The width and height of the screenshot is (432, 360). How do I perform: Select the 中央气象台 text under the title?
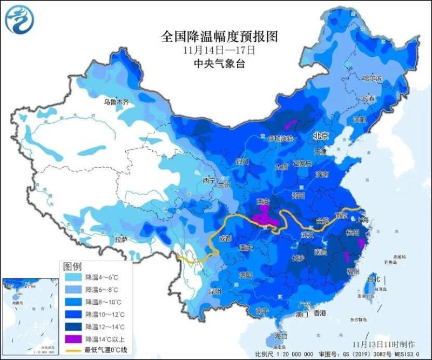coord(219,64)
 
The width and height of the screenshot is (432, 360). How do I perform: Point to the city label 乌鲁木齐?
coord(116,102)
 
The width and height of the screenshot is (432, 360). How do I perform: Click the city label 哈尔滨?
coord(372,79)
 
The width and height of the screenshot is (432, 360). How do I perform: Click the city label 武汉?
coord(307,235)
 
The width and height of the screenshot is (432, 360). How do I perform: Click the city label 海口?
coord(281,336)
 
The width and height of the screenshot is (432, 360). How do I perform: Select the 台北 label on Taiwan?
coord(373,279)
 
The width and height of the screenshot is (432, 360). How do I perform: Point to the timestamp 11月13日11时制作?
coord(383,344)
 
